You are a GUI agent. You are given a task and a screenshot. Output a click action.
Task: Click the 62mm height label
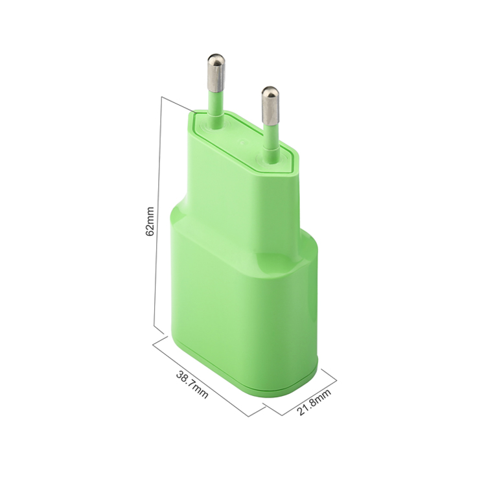150,222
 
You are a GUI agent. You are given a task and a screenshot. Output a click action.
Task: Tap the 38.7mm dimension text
192,385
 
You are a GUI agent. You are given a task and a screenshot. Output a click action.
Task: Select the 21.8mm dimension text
314,402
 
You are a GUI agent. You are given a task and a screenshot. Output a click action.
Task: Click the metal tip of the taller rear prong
216,72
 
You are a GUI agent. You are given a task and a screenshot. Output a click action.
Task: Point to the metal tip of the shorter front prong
271,104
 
